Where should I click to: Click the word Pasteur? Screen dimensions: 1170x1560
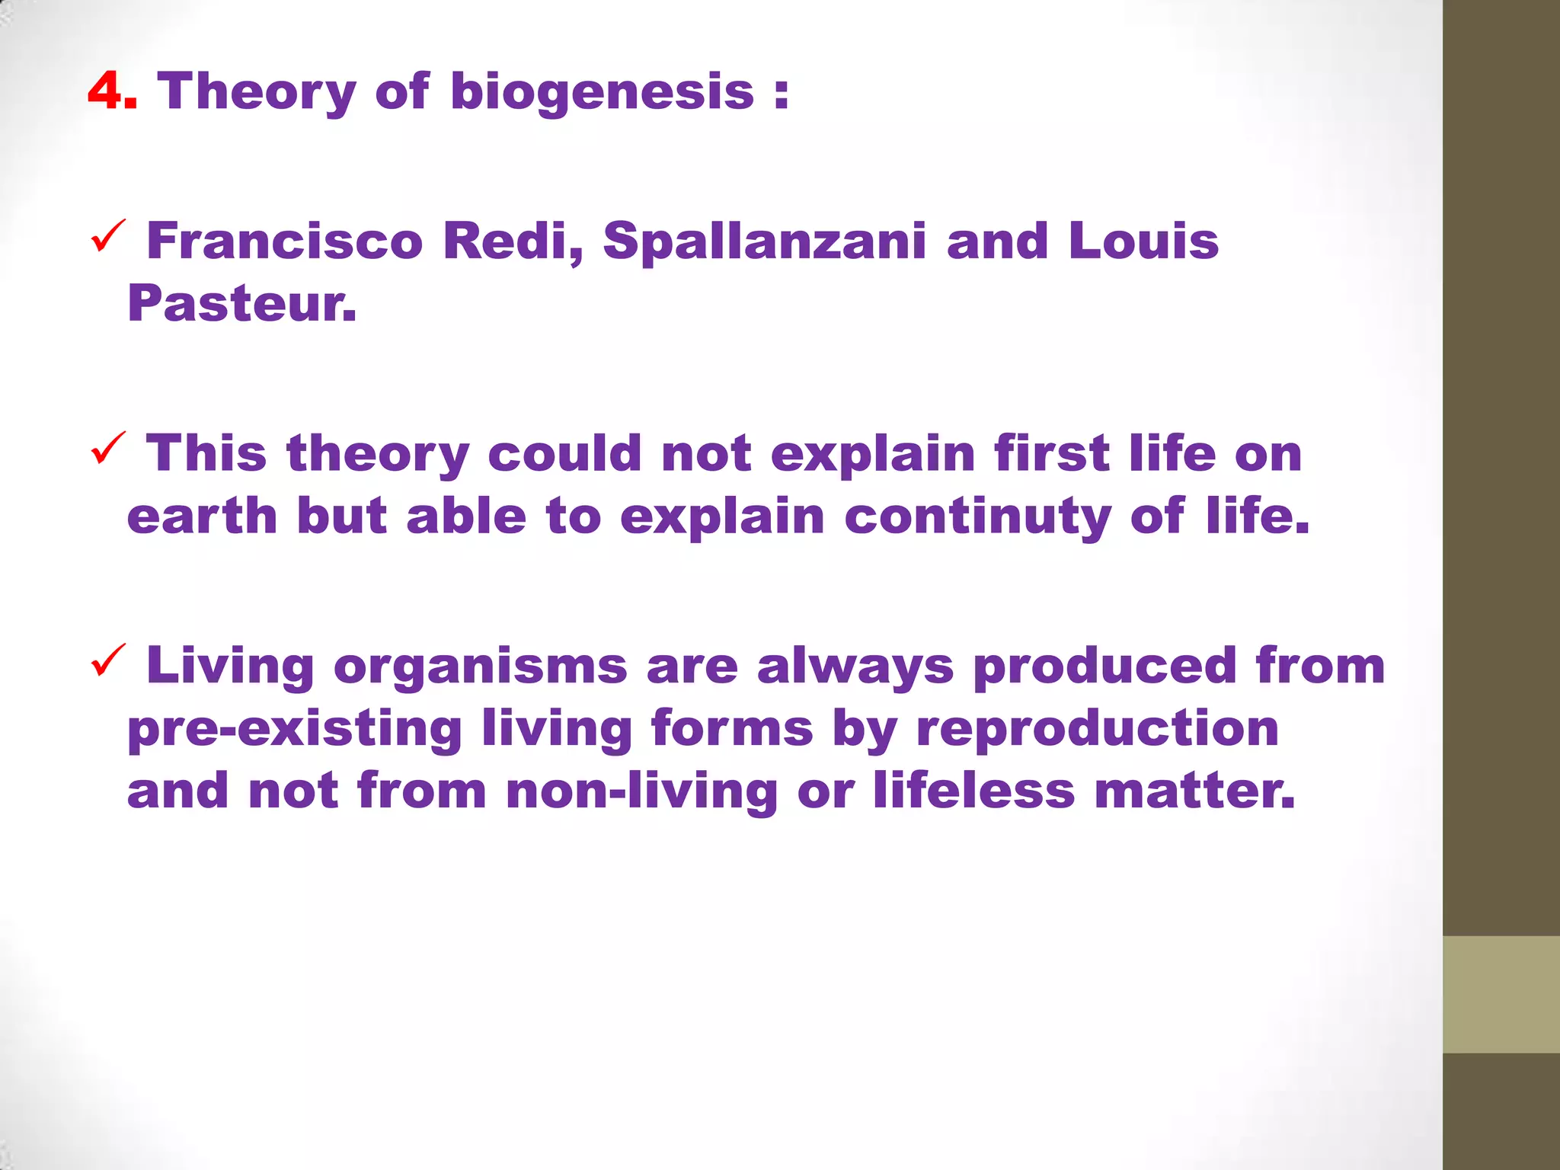point(241,303)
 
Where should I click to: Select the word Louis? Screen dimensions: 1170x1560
point(1143,241)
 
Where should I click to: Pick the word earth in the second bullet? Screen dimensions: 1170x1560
point(202,516)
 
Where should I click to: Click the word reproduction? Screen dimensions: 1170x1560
point(1097,728)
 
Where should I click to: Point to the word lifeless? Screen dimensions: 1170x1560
point(973,791)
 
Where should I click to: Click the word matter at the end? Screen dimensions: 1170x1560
point(1194,791)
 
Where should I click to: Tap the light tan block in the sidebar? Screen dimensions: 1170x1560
point(1501,994)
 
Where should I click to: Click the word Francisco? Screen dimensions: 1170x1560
point(284,241)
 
